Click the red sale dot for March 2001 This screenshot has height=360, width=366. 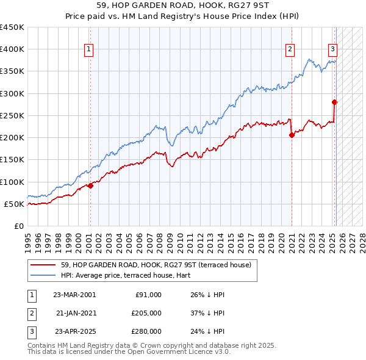click(90, 185)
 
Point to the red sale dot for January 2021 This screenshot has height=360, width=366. click(292, 135)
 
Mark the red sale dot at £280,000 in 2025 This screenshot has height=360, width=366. click(334, 103)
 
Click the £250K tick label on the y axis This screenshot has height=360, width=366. click(12, 115)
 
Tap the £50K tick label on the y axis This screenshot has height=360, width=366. click(14, 204)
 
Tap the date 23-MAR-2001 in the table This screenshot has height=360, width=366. click(74, 295)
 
